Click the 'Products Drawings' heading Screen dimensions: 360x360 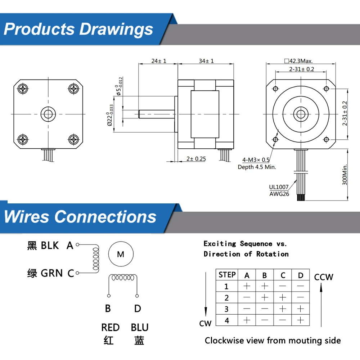tap(78, 30)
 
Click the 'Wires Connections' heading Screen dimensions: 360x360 tap(80, 217)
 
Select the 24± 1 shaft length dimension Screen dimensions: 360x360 tap(159, 61)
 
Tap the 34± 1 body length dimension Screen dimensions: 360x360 tap(206, 61)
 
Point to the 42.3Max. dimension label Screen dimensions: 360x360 tap(298, 61)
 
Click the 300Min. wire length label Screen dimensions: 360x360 tap(345, 175)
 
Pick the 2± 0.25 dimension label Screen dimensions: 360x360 tap(196, 159)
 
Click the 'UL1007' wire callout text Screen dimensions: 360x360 tap(279, 187)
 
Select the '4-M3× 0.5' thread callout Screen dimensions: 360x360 tap(256, 160)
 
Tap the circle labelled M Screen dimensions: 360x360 tap(121, 254)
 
